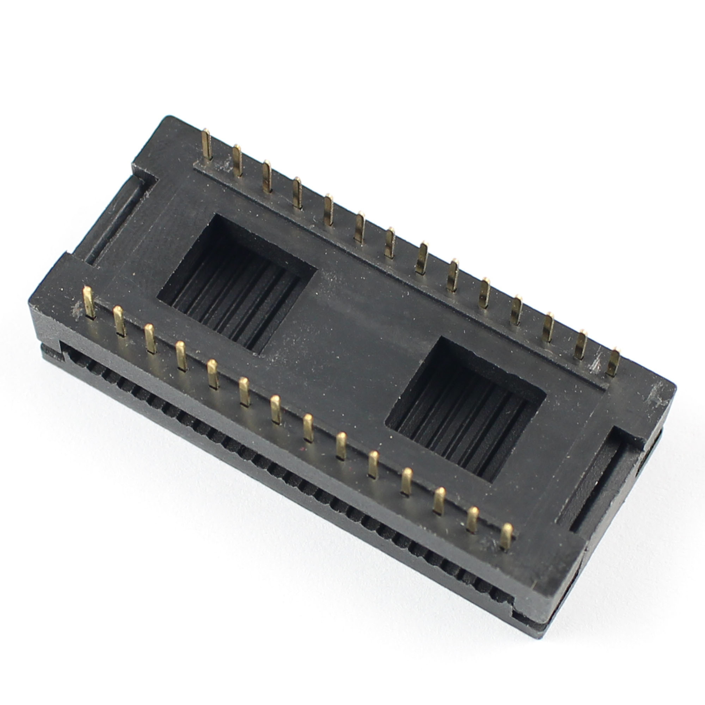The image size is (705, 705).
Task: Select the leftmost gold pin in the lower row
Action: pos(89,302)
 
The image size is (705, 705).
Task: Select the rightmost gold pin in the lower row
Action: pos(507,535)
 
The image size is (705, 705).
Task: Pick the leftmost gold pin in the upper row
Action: pos(207,144)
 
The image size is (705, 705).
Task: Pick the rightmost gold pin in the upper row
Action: pos(613,362)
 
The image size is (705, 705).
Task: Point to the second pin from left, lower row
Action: pos(119,321)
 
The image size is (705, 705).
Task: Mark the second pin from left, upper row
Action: pos(237,160)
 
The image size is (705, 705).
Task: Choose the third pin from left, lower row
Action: pos(150,338)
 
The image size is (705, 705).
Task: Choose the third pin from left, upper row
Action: pos(267,177)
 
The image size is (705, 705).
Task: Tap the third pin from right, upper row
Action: pos(549,327)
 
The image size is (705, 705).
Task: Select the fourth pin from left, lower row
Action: pos(181,356)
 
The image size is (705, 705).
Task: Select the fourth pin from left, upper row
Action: pos(297,193)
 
